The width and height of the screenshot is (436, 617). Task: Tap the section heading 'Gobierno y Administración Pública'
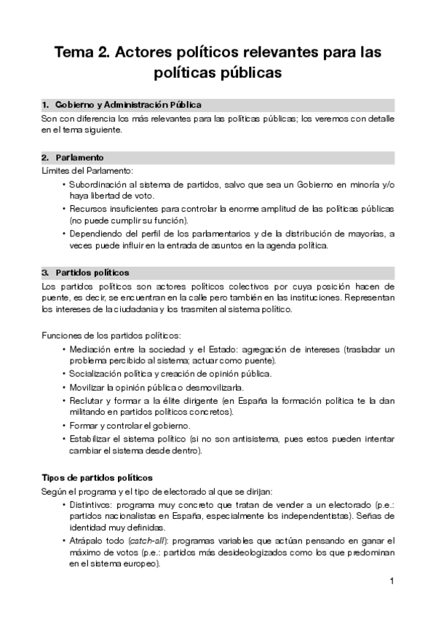[x=128, y=105]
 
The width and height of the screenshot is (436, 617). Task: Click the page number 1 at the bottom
[x=392, y=581]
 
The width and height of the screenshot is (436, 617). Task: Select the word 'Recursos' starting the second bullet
[x=88, y=209]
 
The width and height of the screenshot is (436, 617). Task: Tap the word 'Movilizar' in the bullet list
[x=89, y=386]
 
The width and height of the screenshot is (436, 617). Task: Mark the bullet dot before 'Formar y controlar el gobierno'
[x=64, y=426]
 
